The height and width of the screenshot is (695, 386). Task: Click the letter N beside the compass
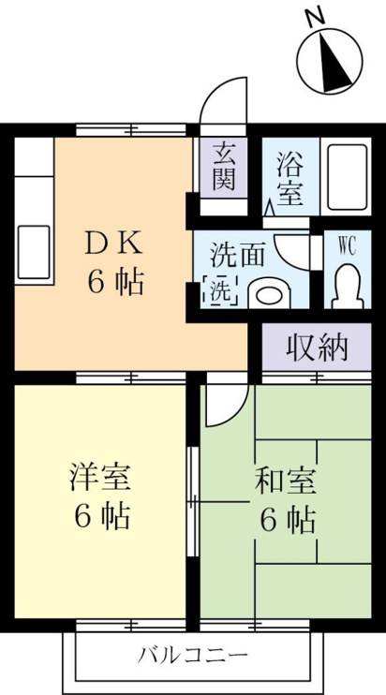tap(317, 18)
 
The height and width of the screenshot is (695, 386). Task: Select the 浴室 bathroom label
tap(290, 178)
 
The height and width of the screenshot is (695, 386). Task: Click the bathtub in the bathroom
tap(348, 177)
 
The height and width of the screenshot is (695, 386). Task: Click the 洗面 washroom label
tap(238, 256)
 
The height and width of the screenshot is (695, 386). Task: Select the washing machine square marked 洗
tap(220, 290)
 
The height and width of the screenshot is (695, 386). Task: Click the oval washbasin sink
tap(269, 294)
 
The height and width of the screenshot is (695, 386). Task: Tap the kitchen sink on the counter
tap(34, 252)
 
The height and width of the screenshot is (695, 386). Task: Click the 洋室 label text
tap(99, 477)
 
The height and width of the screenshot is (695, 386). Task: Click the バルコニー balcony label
tap(192, 655)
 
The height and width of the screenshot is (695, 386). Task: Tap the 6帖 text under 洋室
tap(101, 517)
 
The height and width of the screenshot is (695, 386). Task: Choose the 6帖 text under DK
tap(115, 282)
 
